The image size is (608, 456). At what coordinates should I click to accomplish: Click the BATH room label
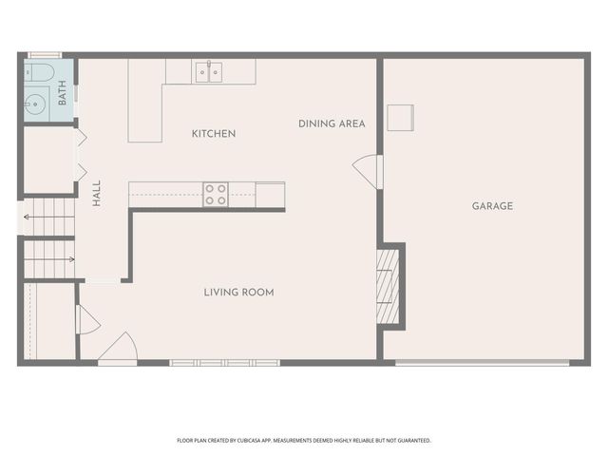tap(62, 93)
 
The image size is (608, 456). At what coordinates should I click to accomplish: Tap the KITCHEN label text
tap(214, 134)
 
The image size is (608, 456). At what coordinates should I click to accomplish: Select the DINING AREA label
tap(332, 123)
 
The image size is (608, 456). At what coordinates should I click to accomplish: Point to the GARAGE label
tap(492, 206)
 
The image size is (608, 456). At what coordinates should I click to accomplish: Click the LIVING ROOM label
tap(238, 293)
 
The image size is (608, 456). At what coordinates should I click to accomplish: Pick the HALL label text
tap(97, 194)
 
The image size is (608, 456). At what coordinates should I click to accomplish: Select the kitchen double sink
tap(209, 71)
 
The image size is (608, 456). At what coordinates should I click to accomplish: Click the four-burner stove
tap(216, 195)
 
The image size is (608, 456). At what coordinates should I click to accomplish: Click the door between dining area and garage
tap(368, 171)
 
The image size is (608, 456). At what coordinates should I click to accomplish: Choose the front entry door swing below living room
tap(118, 348)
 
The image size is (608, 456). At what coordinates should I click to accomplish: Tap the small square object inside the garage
tap(400, 118)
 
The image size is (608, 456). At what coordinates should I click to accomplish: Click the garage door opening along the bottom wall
tap(483, 362)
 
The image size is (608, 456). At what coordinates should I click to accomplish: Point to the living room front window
tap(225, 362)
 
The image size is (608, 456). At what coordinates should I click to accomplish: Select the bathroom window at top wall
tap(44, 55)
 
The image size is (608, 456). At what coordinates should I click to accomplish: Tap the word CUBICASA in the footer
tap(267, 441)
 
